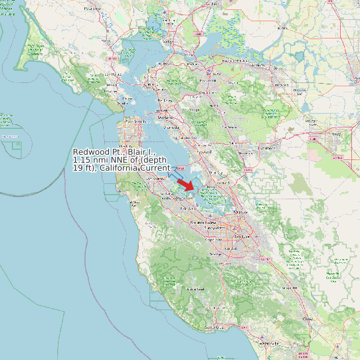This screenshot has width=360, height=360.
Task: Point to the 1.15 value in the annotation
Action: pyautogui.click(x=83, y=160)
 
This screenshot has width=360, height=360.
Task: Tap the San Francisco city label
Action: pyautogui.click(x=137, y=122)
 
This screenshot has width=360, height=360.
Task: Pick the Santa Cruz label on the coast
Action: pyautogui.click(x=212, y=328)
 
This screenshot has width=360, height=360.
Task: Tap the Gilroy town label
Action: pyautogui.click(x=307, y=319)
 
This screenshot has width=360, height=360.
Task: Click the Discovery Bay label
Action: pyautogui.click(x=300, y=90)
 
